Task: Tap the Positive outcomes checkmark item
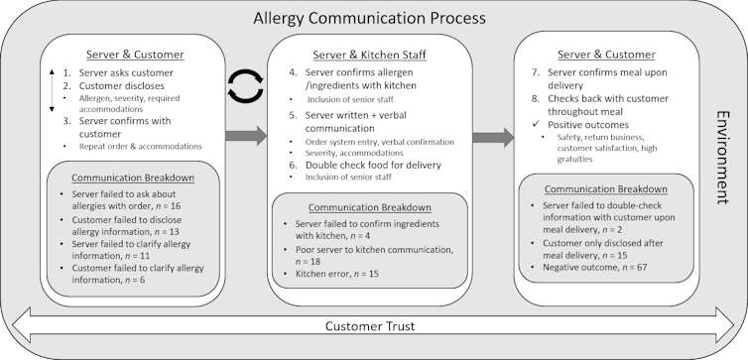(588, 125)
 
